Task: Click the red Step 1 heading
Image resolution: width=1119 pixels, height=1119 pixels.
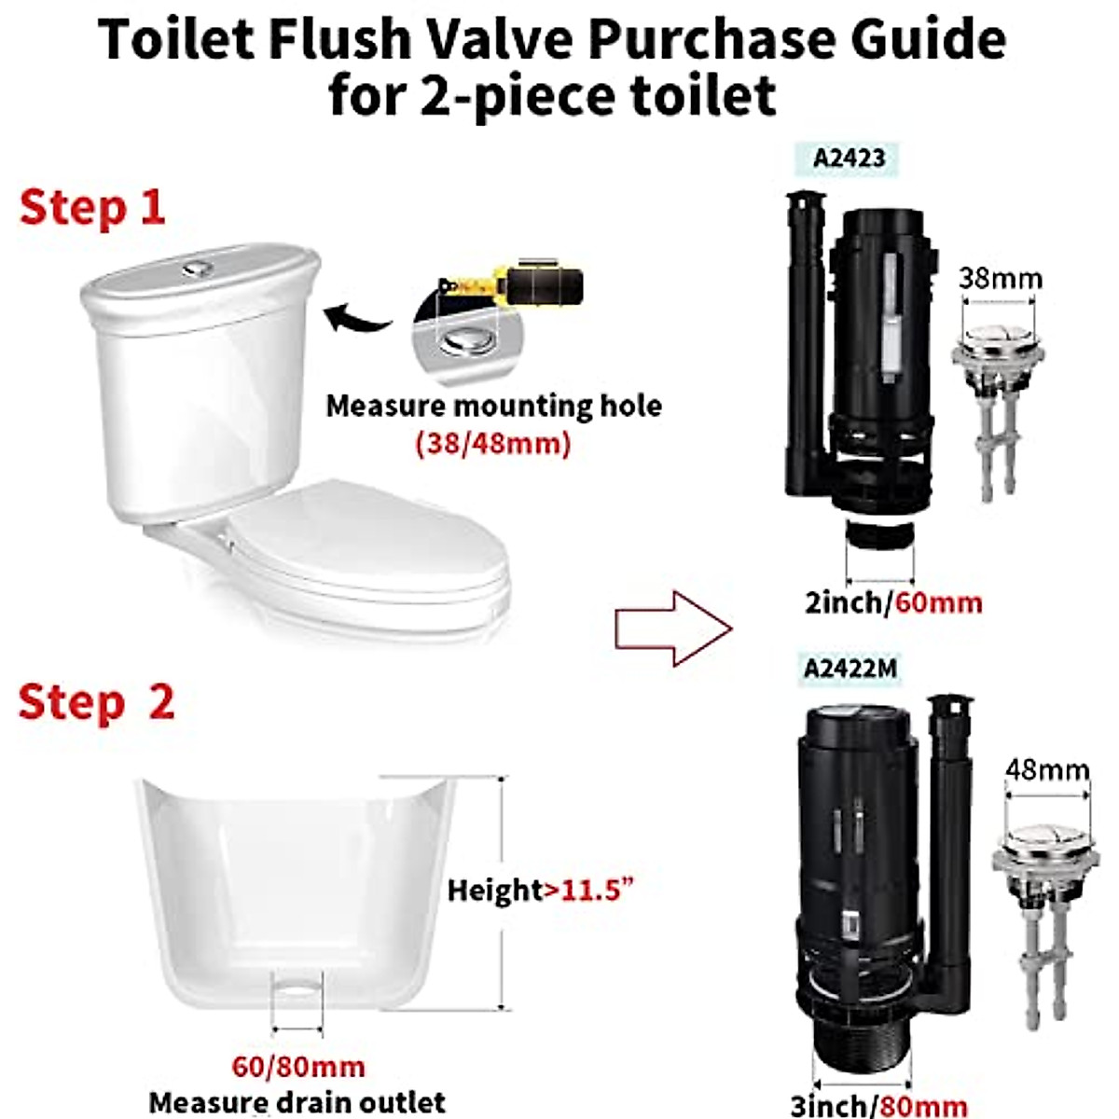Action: [x=91, y=207]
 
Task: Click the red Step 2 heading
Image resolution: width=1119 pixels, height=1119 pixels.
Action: [x=96, y=701]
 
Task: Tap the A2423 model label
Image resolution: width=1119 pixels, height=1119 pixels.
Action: [x=849, y=157]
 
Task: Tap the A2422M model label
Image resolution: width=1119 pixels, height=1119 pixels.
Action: [x=850, y=668]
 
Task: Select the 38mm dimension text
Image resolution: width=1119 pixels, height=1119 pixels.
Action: [x=1001, y=278]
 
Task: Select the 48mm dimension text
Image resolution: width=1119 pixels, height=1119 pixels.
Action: [x=1047, y=769]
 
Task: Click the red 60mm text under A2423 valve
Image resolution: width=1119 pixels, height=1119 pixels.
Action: [x=938, y=602]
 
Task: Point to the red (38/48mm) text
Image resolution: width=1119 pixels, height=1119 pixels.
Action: [x=492, y=442]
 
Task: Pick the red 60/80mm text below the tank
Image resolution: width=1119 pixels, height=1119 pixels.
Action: [x=298, y=1066]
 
